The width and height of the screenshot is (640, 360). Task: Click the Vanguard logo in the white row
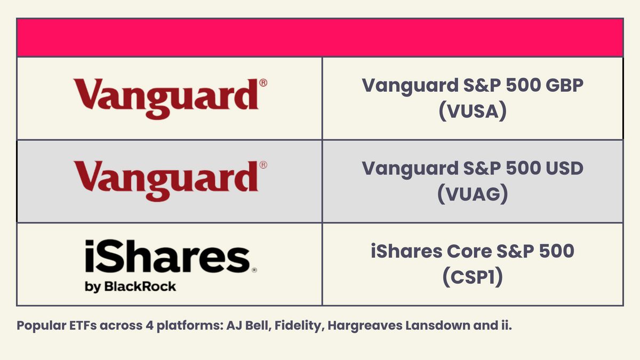tap(166, 99)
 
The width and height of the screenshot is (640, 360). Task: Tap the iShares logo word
tap(166, 258)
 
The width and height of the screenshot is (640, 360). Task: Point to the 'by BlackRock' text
tap(130, 286)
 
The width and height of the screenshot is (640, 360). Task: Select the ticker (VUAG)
tap(471, 195)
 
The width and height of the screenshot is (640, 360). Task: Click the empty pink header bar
tap(320, 38)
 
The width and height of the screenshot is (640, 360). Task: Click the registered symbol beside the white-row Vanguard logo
tap(263, 83)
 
